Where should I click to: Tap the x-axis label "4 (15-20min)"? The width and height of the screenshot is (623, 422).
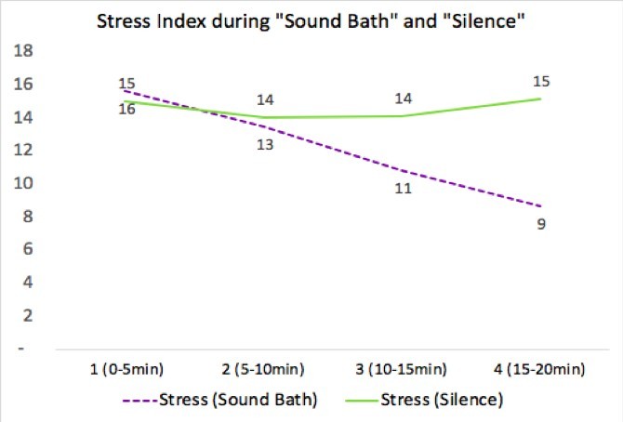[x=540, y=370]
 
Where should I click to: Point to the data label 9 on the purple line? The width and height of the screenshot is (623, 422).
[x=540, y=225]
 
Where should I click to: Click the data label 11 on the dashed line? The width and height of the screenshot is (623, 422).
[x=403, y=189]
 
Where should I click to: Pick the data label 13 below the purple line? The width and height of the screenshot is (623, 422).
[x=265, y=145]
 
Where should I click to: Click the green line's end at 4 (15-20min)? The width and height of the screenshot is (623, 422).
[x=540, y=99]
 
